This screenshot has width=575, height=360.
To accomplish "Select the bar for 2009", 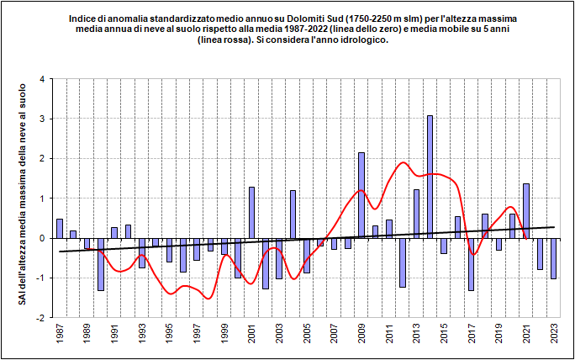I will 361,195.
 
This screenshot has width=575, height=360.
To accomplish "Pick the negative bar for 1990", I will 101,264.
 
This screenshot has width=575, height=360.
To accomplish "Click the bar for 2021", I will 526,210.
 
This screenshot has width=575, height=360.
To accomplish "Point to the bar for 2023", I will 553,258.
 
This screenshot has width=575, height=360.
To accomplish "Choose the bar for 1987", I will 60,228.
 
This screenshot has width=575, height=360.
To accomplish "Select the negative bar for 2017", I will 471,264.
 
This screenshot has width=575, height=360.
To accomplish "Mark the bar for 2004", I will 293,214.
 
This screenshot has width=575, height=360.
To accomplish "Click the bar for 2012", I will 403,262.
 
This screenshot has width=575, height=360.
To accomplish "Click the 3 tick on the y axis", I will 41,119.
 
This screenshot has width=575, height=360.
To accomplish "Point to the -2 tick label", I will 40,319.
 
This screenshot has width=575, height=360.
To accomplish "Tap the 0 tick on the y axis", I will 41,239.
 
